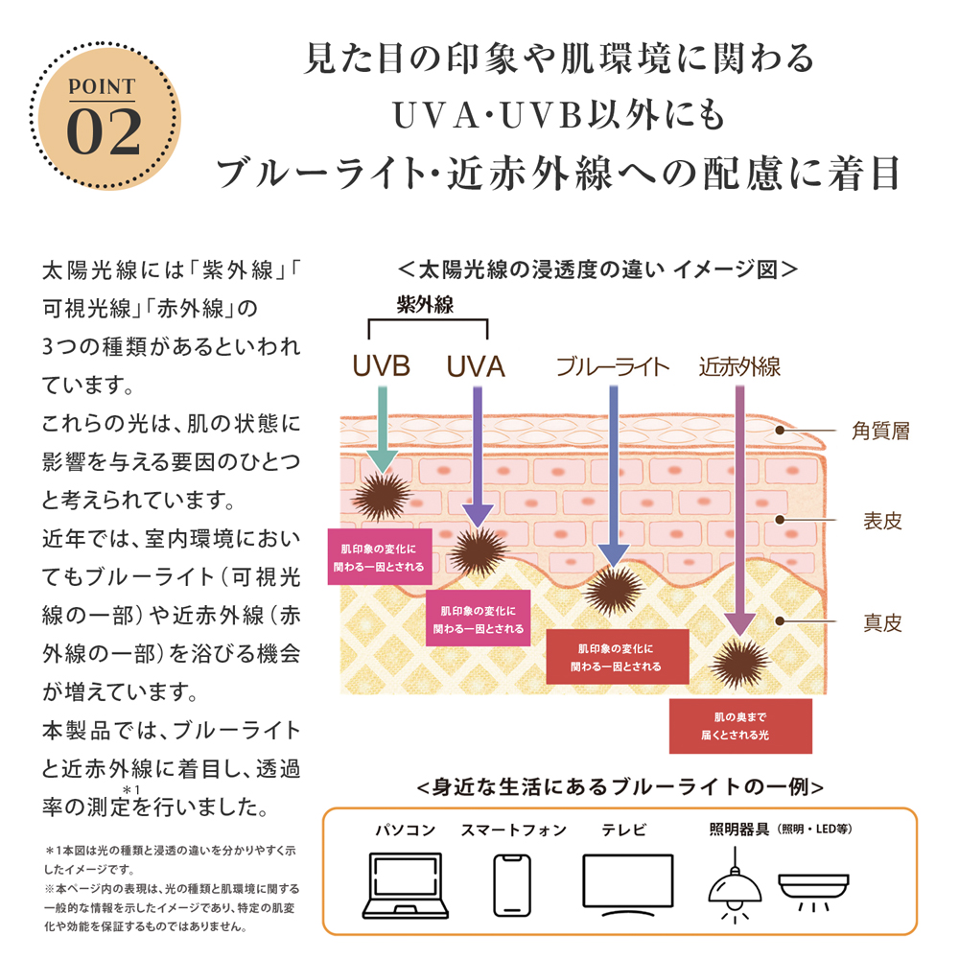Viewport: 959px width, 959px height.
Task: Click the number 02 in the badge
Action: click(x=105, y=131)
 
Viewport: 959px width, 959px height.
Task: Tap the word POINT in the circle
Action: click(x=105, y=87)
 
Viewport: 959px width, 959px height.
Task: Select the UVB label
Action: click(x=381, y=366)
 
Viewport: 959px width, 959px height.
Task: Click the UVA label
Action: click(x=476, y=366)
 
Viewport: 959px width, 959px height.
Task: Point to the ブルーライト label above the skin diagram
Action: click(x=613, y=366)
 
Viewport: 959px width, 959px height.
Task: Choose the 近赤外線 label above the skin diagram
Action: click(x=739, y=366)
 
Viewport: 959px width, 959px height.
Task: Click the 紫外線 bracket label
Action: click(x=425, y=304)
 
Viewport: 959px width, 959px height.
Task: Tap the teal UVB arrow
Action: click(x=383, y=428)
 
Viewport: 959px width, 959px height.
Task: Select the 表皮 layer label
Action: click(x=882, y=522)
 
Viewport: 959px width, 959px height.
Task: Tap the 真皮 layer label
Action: click(x=882, y=622)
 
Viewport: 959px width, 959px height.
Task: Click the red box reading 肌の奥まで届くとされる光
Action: click(x=740, y=726)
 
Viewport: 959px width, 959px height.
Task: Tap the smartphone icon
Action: click(x=512, y=884)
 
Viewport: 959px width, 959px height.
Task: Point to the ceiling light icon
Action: click(x=814, y=886)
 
